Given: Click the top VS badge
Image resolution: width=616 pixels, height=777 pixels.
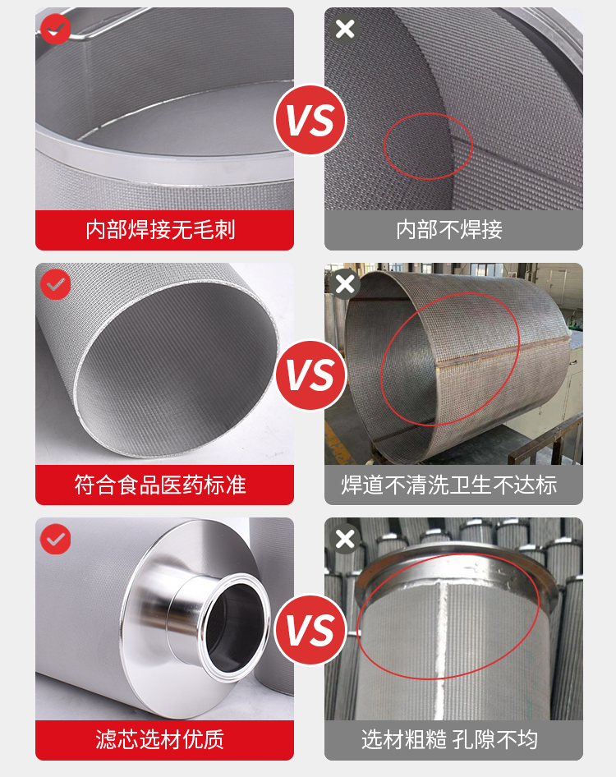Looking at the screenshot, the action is tap(310, 119).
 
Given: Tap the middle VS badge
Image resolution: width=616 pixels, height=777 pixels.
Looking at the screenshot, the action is tap(310, 375).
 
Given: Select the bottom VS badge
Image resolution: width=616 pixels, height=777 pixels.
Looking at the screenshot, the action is tap(310, 630).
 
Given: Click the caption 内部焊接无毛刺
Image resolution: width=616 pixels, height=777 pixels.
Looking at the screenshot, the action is tap(160, 230).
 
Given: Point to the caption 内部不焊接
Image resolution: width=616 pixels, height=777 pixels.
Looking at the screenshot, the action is tap(449, 230).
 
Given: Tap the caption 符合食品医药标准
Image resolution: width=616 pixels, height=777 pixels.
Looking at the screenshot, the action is tap(160, 485).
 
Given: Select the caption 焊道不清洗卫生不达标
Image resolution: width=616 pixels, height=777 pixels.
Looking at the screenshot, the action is tap(449, 485).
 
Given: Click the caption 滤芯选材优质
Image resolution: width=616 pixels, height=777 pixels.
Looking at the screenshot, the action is tap(160, 740).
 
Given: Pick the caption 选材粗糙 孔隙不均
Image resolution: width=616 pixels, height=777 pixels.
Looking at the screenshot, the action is tap(449, 740).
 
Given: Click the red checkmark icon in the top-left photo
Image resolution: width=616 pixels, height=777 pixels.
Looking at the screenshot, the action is tap(56, 30).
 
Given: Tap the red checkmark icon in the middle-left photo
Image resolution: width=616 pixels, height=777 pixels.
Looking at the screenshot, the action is tap(56, 284).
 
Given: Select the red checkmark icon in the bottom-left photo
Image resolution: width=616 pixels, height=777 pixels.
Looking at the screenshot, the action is tap(56, 539).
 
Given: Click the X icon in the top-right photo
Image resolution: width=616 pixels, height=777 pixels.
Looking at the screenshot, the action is tap(345, 30).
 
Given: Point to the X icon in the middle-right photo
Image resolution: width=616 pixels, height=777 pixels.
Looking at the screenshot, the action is tap(345, 284).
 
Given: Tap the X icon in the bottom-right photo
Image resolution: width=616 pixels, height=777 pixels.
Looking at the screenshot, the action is tap(345, 539).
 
